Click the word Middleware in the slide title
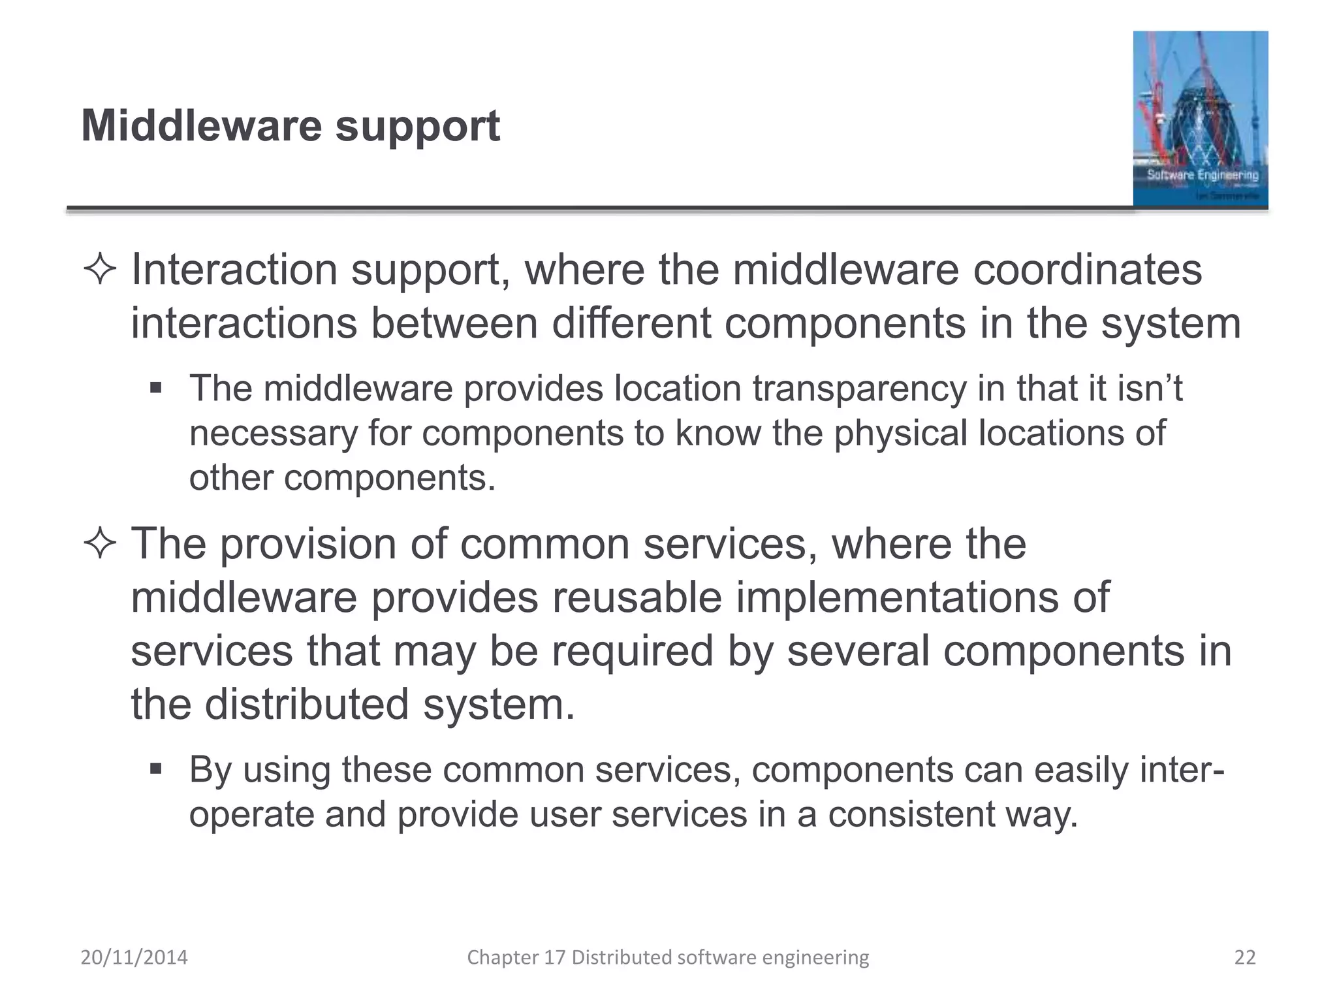(x=201, y=125)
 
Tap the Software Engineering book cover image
(x=1200, y=119)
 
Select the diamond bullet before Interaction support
(x=100, y=270)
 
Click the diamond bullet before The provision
(x=100, y=543)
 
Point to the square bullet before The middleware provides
(x=155, y=389)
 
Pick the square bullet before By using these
(x=155, y=769)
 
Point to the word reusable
(x=637, y=597)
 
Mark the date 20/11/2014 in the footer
(x=134, y=957)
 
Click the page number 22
(x=1245, y=957)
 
